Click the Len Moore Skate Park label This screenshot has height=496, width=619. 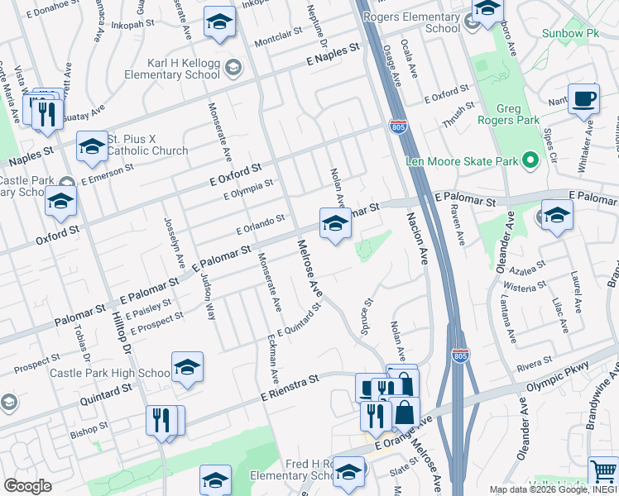pos(462,161)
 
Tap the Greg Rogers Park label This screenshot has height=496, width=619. pos(518,116)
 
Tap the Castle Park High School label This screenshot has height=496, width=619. pos(109,373)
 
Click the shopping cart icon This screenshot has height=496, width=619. pos(603,472)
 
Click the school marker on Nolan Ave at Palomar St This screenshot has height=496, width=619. pos(335,222)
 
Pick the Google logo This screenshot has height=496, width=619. pos(27,486)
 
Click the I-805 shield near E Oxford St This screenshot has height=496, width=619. pos(398,125)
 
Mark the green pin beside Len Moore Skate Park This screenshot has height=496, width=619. pos(530,161)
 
